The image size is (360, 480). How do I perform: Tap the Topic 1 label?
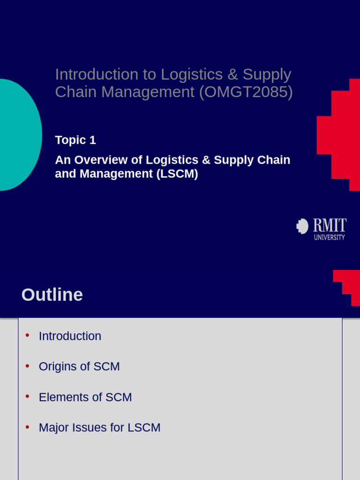pos(75,140)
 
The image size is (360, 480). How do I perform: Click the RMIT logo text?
pos(330,225)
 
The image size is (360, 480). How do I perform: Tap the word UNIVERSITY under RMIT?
pos(329,238)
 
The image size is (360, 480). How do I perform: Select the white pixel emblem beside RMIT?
pos(302,226)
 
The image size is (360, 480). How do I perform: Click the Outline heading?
pos(52,295)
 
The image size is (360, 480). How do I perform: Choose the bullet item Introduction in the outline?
pos(70,336)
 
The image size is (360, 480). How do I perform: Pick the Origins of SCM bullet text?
pos(79,367)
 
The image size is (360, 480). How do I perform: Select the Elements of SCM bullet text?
pos(85,397)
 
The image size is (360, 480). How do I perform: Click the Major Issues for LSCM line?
pos(99,427)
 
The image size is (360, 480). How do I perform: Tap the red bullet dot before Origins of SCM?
pos(27,366)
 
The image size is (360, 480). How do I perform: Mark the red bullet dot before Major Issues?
pos(27,427)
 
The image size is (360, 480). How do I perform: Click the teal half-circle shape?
pos(19,135)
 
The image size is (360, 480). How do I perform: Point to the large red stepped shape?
pos(340,135)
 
